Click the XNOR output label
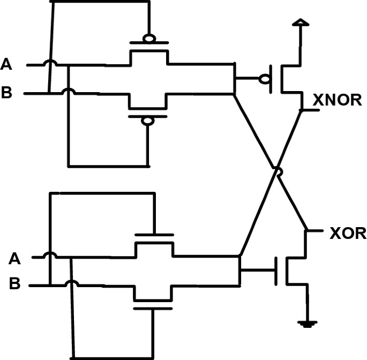pos(337,100)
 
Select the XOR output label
pos(348,234)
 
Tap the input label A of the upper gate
pos(6,65)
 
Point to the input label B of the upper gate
pos(6,93)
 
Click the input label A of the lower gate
pos(14,259)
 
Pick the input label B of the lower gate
pos(14,284)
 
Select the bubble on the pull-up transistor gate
pos(264,79)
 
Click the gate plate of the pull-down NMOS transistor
pos(276,272)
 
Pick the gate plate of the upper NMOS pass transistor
pos(154,235)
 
